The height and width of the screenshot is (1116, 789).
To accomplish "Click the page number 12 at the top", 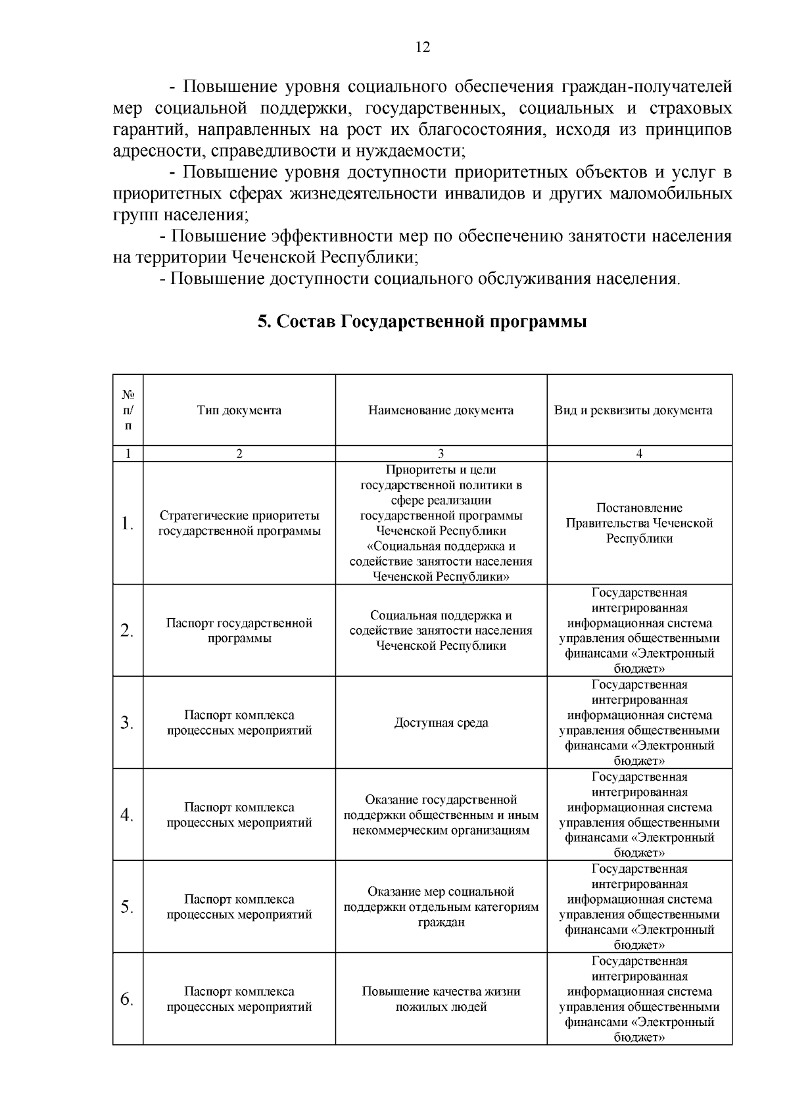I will pyautogui.click(x=423, y=47).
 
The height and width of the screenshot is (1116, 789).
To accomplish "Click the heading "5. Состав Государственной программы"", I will pyautogui.click(x=422, y=322).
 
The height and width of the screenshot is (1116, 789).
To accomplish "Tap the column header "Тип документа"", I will pyautogui.click(x=239, y=410).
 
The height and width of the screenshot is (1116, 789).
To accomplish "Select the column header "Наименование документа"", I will pyautogui.click(x=441, y=410).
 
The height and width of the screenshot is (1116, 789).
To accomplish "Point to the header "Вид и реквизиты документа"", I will pyautogui.click(x=639, y=410).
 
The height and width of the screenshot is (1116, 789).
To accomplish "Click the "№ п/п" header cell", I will pyautogui.click(x=128, y=410).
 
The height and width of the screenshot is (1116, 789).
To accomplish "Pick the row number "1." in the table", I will pyautogui.click(x=128, y=523).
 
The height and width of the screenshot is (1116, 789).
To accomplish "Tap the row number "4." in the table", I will pyautogui.click(x=128, y=815).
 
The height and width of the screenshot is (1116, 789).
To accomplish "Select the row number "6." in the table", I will pyautogui.click(x=128, y=999).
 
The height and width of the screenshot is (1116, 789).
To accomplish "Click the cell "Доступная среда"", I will pyautogui.click(x=441, y=723).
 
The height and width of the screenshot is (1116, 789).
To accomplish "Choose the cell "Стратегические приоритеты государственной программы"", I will pyautogui.click(x=239, y=523).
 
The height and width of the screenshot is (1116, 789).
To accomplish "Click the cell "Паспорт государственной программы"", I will pyautogui.click(x=239, y=631).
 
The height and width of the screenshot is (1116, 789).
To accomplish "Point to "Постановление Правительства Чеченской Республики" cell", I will pyautogui.click(x=639, y=523).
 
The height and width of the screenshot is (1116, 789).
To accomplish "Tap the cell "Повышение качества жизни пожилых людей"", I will pyautogui.click(x=441, y=999).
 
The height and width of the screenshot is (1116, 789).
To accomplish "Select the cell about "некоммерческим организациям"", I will pyautogui.click(x=441, y=815).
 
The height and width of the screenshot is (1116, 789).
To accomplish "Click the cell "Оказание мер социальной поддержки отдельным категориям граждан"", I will pyautogui.click(x=441, y=907).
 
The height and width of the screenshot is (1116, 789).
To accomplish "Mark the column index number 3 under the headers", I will pyautogui.click(x=441, y=454).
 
